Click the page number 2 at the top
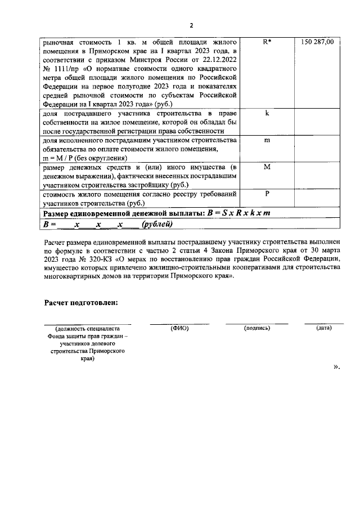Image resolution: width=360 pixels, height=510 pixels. tap(191, 25)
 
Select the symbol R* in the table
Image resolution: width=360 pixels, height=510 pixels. tap(267, 42)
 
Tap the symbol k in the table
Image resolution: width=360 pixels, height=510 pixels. tap(267, 113)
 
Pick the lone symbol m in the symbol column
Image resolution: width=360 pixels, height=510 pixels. tap(267, 140)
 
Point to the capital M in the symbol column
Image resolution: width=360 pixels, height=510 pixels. tap(267, 167)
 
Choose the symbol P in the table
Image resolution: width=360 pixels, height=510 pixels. tap(267, 194)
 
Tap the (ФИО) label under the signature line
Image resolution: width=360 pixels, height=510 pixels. tap(179, 328)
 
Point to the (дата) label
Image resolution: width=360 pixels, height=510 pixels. tap(323, 328)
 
